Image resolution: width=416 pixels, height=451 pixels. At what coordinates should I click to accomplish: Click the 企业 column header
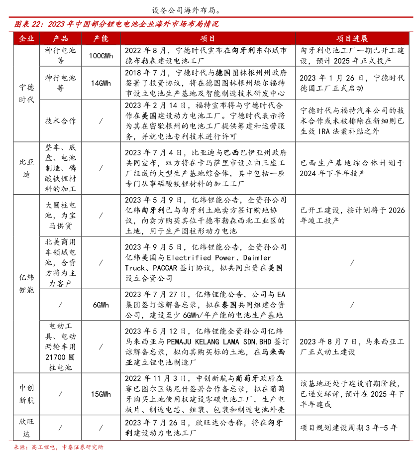[x=26, y=38]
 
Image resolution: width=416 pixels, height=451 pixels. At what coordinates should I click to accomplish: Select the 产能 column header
[x=101, y=38]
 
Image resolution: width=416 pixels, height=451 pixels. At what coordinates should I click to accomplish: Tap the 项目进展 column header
[x=352, y=38]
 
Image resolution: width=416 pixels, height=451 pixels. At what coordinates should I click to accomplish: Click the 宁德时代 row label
[x=26, y=93]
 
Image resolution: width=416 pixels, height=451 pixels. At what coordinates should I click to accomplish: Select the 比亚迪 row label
[x=26, y=168]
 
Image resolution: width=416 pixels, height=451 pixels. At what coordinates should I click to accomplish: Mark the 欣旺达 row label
[x=26, y=427]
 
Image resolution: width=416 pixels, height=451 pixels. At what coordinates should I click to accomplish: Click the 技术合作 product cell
[x=60, y=120]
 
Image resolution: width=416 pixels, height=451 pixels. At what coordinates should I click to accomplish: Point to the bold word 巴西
[x=232, y=153]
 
